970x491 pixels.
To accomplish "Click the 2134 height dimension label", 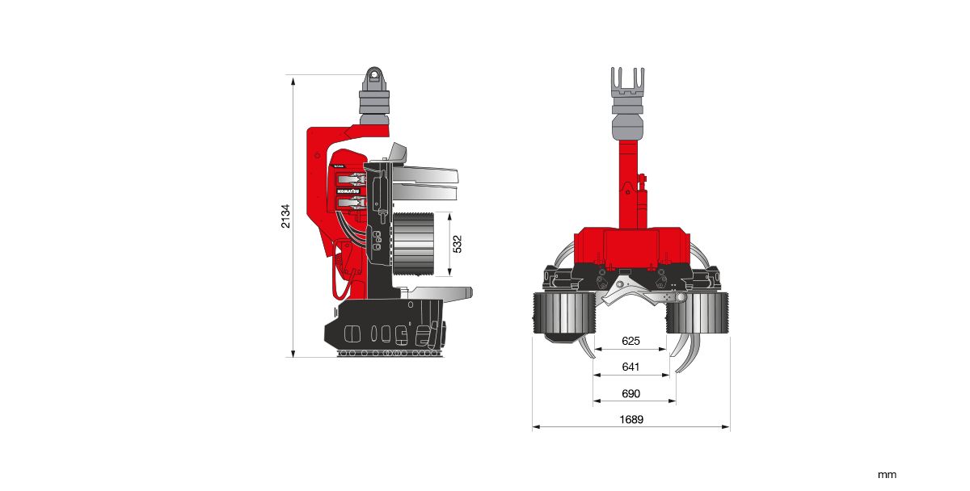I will pos(285,216).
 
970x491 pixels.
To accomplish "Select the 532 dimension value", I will pos(458,245).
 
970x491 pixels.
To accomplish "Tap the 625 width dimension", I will pos(631,341).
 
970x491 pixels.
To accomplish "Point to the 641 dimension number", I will pos(631,367).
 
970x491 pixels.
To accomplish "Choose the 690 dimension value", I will pos(631,393).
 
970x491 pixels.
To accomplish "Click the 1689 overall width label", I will pos(631,419).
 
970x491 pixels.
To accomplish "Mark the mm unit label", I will pos(887,475).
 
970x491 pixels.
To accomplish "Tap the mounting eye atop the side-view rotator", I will pos(373,78).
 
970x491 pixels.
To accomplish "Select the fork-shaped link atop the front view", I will pos(628,82).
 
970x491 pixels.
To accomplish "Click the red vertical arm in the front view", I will pos(629,186).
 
